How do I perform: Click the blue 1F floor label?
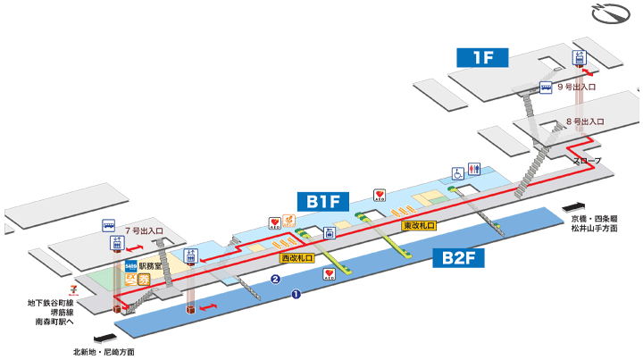482,57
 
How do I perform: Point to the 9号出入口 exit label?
576,88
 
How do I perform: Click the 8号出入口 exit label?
586,121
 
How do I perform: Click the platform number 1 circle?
296,293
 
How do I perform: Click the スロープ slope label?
587,161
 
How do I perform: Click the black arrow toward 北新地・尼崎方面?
104,338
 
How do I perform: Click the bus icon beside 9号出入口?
544,88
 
